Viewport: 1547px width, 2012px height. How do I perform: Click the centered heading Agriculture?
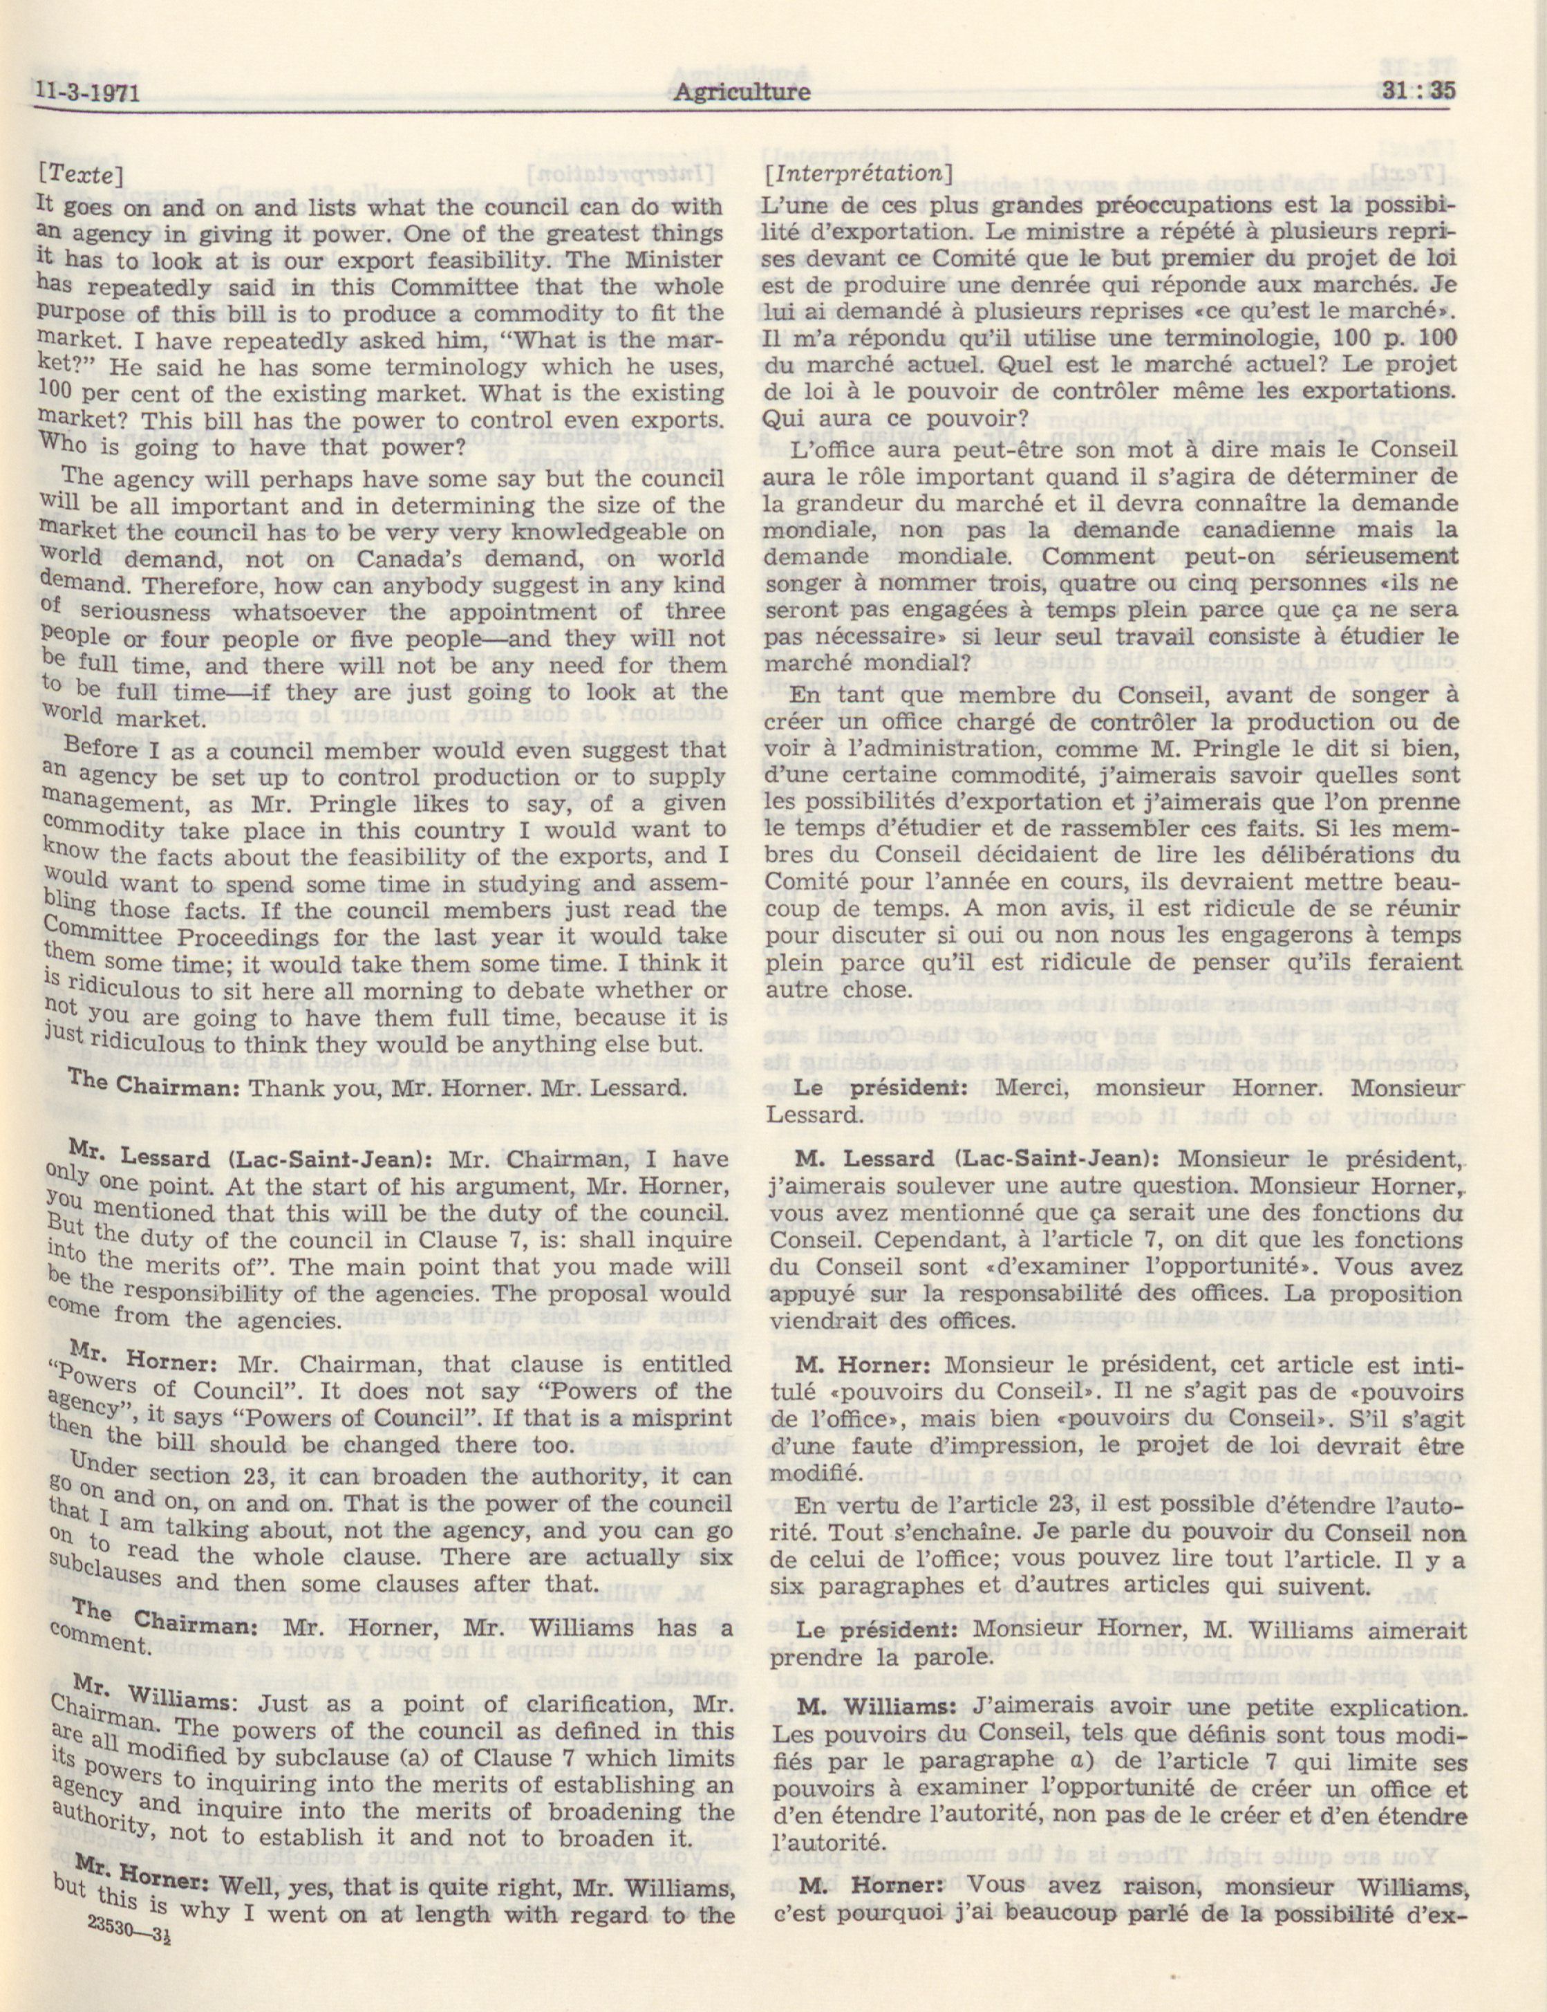click(x=741, y=91)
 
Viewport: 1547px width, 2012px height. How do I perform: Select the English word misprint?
click(x=682, y=1417)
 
